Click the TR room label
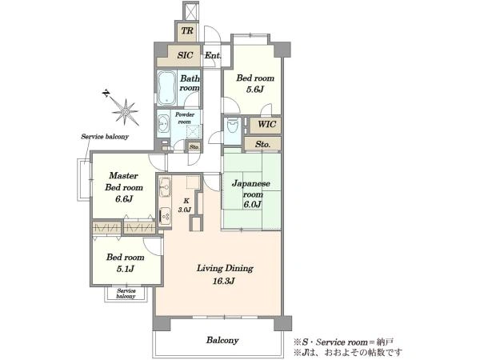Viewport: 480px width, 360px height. [x=187, y=30]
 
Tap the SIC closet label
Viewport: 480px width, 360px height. [x=186, y=55]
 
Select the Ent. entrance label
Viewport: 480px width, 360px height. [x=213, y=56]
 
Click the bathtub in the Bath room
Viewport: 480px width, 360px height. [x=167, y=88]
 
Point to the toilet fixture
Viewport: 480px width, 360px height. [x=233, y=126]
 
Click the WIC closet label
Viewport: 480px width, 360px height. [x=266, y=124]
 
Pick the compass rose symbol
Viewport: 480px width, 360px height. [x=126, y=112]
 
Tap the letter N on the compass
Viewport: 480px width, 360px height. [x=106, y=93]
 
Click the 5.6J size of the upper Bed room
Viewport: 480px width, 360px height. [x=255, y=90]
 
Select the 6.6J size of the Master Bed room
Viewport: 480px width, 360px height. [x=124, y=199]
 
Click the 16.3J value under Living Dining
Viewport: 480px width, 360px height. [x=224, y=281]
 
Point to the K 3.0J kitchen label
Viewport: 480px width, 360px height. [x=185, y=206]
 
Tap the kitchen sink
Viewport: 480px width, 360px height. [x=165, y=186]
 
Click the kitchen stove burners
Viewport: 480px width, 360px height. [x=166, y=216]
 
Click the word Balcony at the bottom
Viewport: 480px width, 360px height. [x=222, y=340]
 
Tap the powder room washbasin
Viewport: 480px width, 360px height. [x=163, y=124]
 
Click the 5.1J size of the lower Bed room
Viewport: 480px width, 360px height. [x=125, y=269]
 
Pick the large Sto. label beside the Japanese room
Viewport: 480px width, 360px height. [x=262, y=144]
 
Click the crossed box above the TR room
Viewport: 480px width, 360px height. [x=190, y=12]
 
